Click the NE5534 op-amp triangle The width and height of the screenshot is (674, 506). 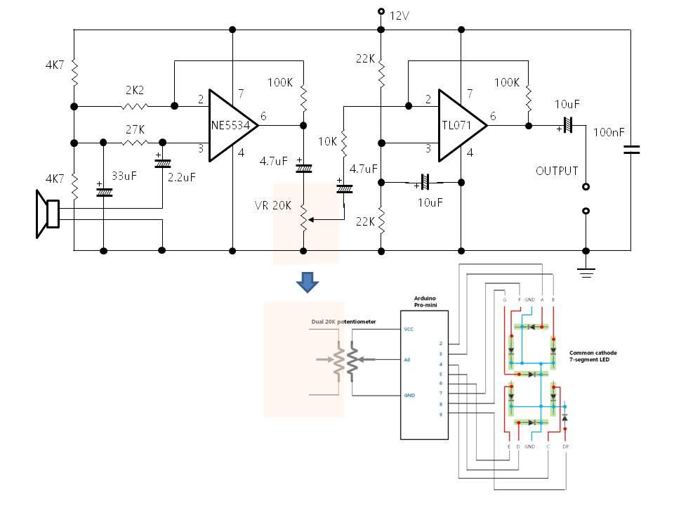pos(231,126)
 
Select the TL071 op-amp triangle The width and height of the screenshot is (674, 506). pos(460,126)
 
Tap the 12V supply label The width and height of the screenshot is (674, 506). pos(399,15)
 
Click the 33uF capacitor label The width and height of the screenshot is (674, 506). pos(124,176)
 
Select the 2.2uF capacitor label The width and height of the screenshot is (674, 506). pos(181,177)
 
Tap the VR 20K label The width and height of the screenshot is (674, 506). pos(272,205)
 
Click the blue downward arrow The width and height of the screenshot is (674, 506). pos(308,282)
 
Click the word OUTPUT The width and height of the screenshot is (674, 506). pos(557,171)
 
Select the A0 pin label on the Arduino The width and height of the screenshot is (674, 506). pos(408,359)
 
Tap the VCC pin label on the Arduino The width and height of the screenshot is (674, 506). pos(409,328)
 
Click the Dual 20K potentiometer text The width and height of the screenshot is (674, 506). pos(343,322)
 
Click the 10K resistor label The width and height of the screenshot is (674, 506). pos(327,141)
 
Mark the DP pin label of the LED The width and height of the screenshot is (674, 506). pos(566,446)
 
